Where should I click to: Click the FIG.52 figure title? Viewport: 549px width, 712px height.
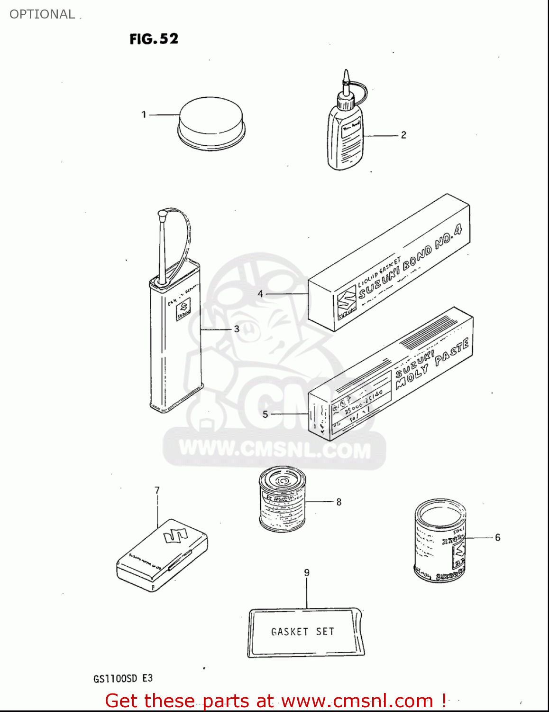pyautogui.click(x=154, y=38)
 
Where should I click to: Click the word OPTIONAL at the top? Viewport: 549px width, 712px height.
pyautogui.click(x=42, y=14)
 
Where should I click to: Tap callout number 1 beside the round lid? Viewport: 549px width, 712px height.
pyautogui.click(x=144, y=114)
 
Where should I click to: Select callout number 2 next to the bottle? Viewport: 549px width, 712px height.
pyautogui.click(x=403, y=135)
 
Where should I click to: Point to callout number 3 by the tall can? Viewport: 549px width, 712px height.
pyautogui.click(x=237, y=328)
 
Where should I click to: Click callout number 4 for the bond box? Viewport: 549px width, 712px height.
pyautogui.click(x=260, y=294)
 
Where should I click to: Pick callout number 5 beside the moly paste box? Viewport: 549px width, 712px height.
pyautogui.click(x=265, y=414)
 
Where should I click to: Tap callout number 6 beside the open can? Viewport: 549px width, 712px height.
pyautogui.click(x=497, y=537)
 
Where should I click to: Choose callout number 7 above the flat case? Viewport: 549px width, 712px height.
pyautogui.click(x=157, y=490)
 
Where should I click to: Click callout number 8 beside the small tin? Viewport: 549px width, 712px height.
pyautogui.click(x=339, y=502)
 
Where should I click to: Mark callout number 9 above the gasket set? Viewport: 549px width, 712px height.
pyautogui.click(x=307, y=572)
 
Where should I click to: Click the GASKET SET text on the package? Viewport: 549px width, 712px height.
pyautogui.click(x=302, y=631)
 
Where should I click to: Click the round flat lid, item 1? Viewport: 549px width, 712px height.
pyautogui.click(x=211, y=122)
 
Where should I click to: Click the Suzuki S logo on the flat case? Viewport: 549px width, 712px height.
pyautogui.click(x=176, y=536)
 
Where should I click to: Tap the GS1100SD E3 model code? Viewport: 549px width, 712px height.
pyautogui.click(x=123, y=678)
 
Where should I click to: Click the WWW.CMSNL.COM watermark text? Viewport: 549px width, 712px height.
pyautogui.click(x=274, y=450)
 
